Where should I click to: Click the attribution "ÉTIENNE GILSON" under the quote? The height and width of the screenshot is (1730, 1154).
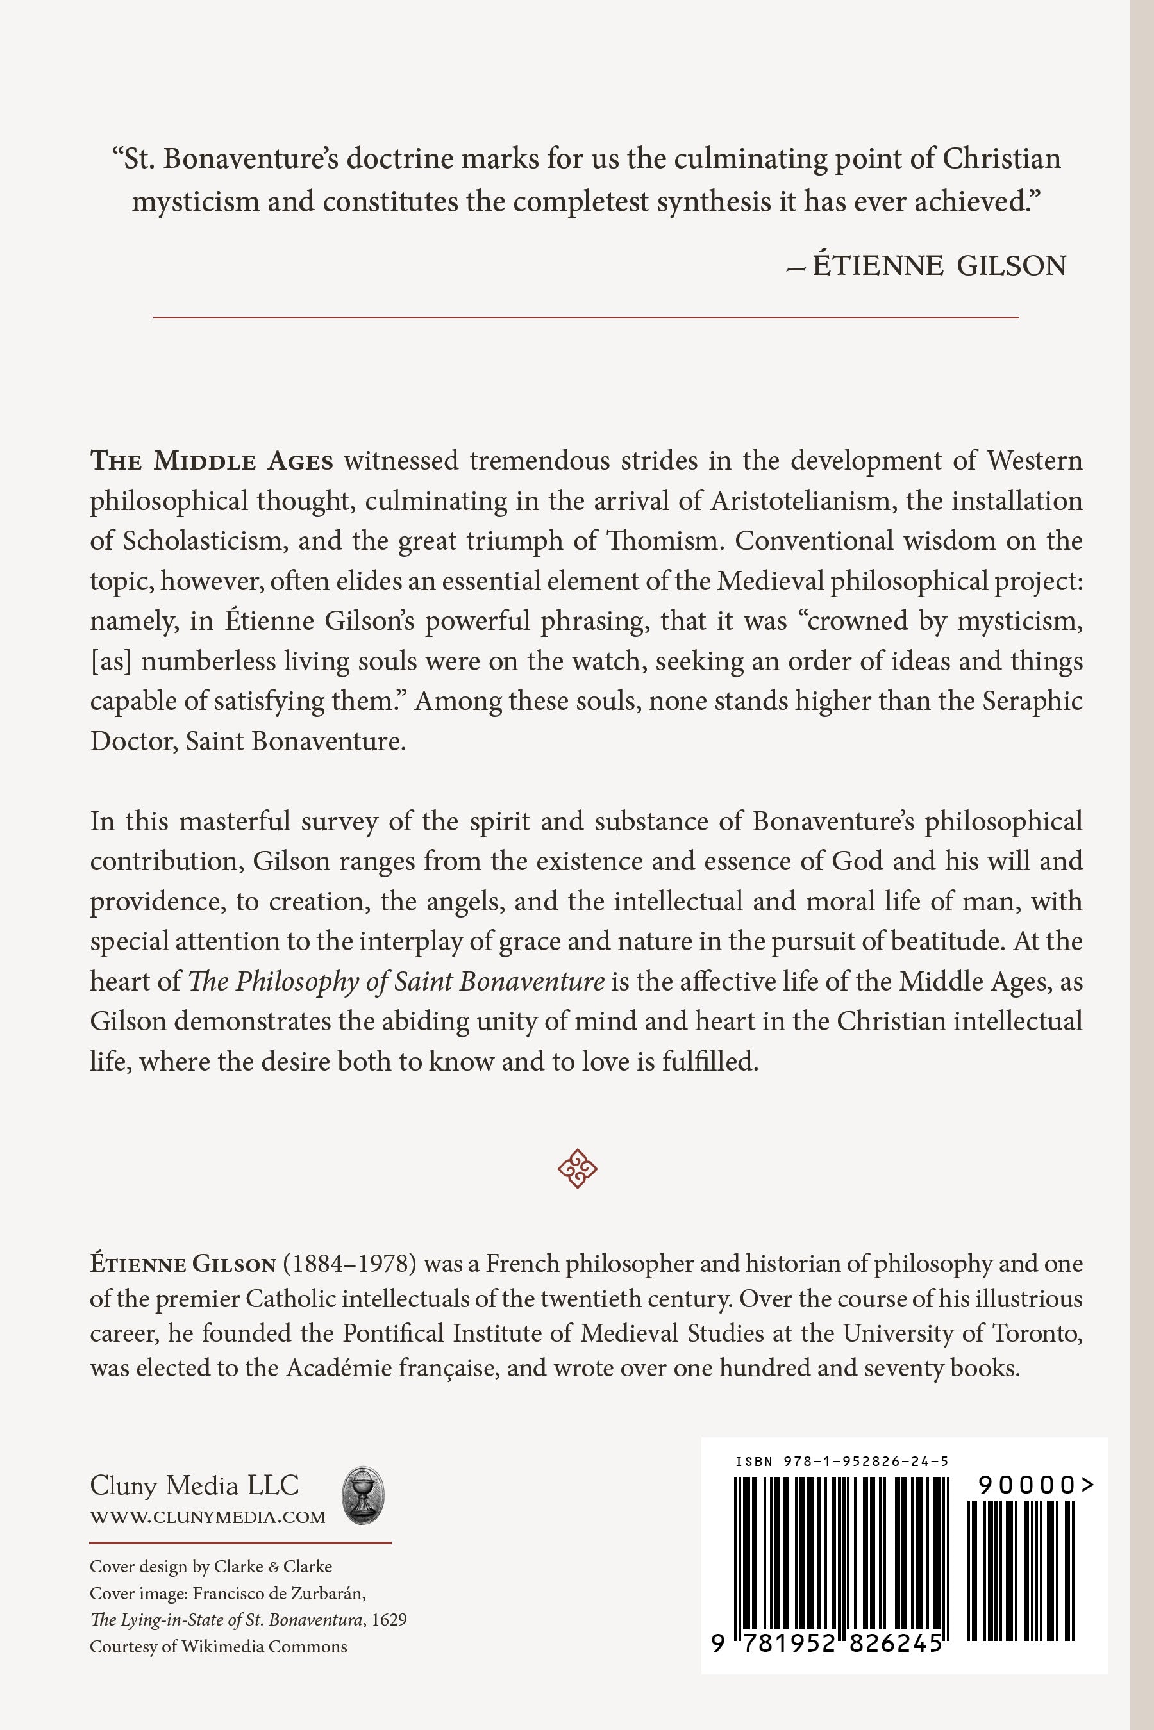(939, 265)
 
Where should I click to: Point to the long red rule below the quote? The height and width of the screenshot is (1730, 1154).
(585, 317)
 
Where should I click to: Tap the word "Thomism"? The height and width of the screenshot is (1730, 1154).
(665, 541)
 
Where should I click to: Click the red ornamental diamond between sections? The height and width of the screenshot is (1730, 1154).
(577, 1168)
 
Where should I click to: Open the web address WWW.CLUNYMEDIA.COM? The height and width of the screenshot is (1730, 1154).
(208, 1517)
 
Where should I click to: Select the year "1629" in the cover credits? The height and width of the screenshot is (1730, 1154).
(389, 1620)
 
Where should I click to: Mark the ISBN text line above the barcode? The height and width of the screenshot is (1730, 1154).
(842, 1462)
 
